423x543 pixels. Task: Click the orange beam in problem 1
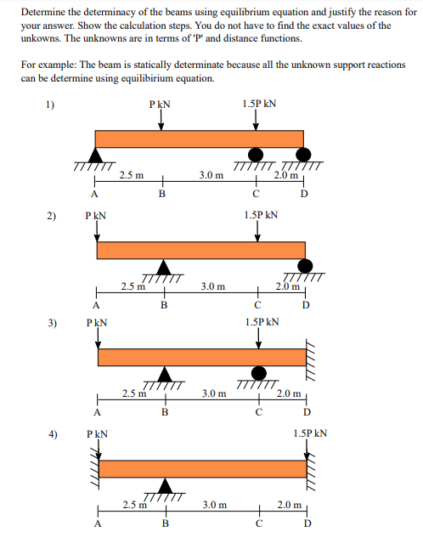[199, 139]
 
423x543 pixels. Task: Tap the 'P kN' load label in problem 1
[160, 105]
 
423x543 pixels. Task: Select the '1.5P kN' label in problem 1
[257, 105]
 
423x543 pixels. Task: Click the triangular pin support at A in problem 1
[96, 156]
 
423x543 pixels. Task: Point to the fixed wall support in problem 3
[311, 357]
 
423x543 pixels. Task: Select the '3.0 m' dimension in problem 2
[211, 287]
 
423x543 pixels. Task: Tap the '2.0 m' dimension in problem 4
[289, 505]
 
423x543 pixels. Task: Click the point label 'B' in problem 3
[164, 412]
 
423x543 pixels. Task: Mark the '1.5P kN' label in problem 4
[310, 433]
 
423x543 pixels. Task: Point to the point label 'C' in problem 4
[258, 523]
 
